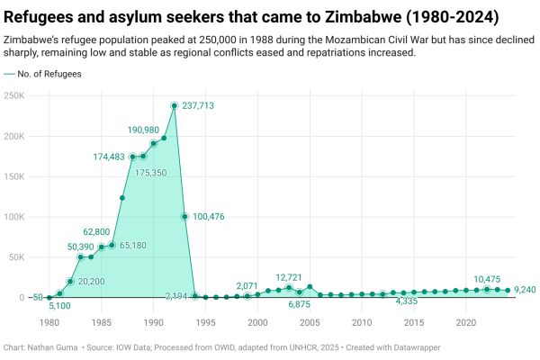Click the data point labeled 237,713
(x=174, y=106)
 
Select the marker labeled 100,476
(x=184, y=216)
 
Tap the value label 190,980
(x=143, y=130)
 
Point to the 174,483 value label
(x=109, y=157)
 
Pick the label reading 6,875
(x=300, y=305)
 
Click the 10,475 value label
(x=487, y=279)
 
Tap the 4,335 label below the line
(x=412, y=301)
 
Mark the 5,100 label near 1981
(x=59, y=305)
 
